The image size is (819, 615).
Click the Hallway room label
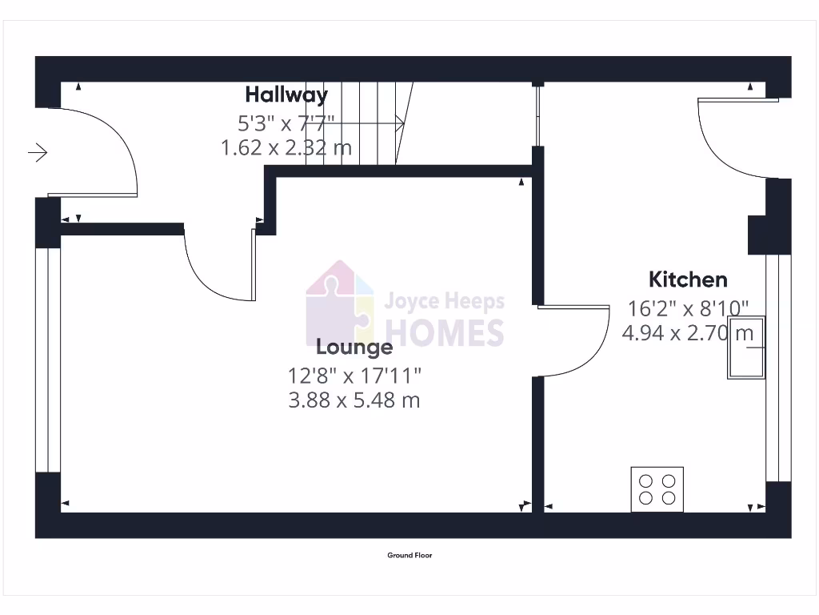click(x=286, y=94)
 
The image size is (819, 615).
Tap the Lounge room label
click(x=354, y=347)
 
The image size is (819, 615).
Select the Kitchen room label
click(x=688, y=279)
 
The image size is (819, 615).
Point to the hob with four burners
click(x=657, y=488)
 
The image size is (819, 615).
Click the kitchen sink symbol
click(x=745, y=348)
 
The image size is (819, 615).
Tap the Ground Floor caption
click(x=409, y=555)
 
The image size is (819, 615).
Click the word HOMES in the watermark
click(x=445, y=332)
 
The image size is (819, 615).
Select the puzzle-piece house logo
click(x=340, y=303)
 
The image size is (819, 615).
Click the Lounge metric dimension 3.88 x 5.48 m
click(x=354, y=400)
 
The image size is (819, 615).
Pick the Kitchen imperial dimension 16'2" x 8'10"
click(x=688, y=307)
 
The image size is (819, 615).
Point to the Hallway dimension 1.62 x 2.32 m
click(x=286, y=148)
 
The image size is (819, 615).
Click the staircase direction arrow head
click(x=400, y=123)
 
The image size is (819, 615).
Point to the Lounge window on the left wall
click(x=48, y=360)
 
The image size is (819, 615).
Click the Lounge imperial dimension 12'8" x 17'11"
click(x=354, y=374)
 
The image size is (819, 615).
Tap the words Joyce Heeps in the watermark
click(x=445, y=302)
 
